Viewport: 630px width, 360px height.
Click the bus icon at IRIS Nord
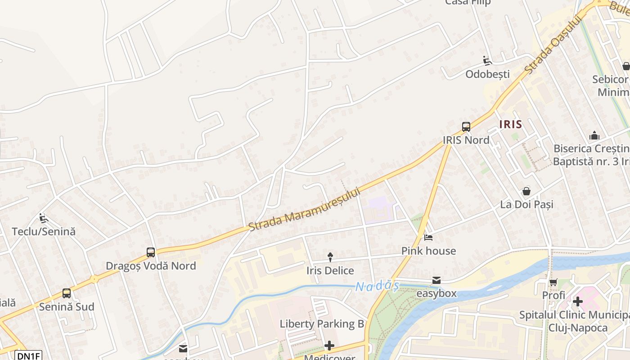tap(466, 127)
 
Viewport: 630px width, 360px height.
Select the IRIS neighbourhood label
tap(510, 124)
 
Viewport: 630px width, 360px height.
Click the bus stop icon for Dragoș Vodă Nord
tap(151, 252)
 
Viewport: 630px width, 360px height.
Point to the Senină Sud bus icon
tap(67, 293)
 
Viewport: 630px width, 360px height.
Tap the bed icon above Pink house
tap(428, 237)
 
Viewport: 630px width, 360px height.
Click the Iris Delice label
tap(330, 270)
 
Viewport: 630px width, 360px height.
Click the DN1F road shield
tap(28, 355)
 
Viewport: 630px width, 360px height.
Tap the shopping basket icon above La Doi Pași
tap(526, 191)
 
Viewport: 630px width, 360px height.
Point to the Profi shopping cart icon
tap(553, 282)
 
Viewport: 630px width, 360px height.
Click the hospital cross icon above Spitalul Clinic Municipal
tap(577, 301)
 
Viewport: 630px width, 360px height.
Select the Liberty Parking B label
tap(322, 324)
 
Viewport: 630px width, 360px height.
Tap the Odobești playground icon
tap(487, 60)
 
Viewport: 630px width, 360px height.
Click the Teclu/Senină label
tap(44, 232)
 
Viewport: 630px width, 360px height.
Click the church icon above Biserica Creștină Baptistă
tap(594, 135)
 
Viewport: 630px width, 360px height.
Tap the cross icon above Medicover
tap(329, 346)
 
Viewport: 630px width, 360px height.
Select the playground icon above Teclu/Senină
tap(43, 219)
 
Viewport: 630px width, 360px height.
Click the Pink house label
tap(428, 251)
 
